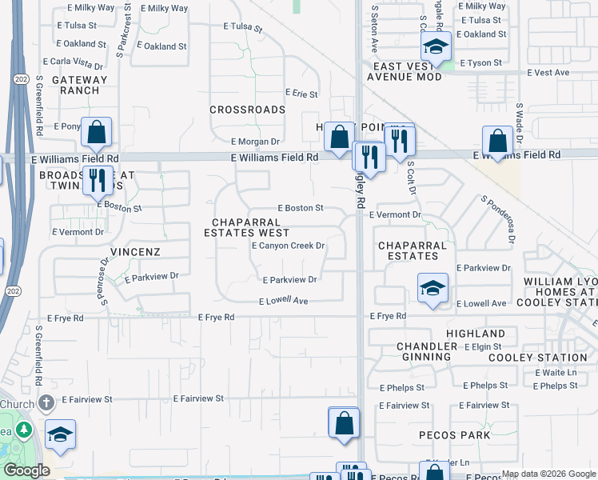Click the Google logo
pos(26,470)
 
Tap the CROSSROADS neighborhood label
pos(247,110)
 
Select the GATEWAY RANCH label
pos(79,85)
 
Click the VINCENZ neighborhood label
pos(136,251)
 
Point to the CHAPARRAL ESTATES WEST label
pos(246,227)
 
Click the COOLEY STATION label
pos(550,358)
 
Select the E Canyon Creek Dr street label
pos(288,246)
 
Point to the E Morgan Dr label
pos(256,142)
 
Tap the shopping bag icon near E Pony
pos(96,132)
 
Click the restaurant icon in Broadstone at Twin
pos(98,180)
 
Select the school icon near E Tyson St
pos(436,46)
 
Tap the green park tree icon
pos(25,430)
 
